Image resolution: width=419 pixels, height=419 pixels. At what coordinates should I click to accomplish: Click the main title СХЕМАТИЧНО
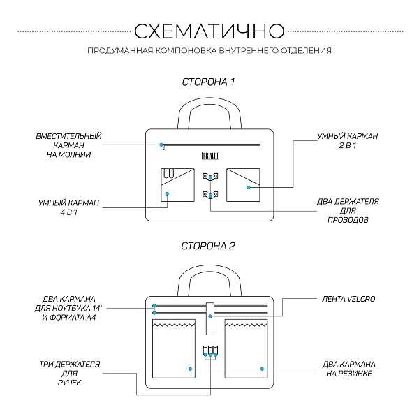[x=209, y=31]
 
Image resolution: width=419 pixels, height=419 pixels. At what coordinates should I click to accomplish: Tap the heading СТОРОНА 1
[x=209, y=82]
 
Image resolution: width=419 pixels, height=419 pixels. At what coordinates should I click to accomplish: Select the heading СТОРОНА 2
[x=209, y=246]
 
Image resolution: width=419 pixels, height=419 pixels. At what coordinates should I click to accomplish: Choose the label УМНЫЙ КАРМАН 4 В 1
[x=68, y=207]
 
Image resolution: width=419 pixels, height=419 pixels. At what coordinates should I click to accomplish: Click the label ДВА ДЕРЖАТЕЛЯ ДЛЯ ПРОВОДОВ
[x=347, y=210]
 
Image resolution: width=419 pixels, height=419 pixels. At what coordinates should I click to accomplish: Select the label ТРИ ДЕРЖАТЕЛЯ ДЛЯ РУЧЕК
[x=69, y=374]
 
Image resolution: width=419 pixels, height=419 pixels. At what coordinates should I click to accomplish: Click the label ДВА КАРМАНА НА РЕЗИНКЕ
[x=349, y=369]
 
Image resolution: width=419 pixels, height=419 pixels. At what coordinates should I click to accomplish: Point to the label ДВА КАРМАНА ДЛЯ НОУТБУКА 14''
[x=68, y=307]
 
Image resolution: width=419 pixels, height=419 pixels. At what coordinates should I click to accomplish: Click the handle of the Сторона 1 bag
[x=209, y=112]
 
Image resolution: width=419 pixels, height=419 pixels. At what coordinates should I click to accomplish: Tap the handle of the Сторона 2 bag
[x=209, y=277]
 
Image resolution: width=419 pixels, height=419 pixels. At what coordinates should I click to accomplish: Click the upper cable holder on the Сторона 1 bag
[x=209, y=176]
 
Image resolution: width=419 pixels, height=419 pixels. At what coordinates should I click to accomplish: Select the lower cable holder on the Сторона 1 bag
[x=209, y=194]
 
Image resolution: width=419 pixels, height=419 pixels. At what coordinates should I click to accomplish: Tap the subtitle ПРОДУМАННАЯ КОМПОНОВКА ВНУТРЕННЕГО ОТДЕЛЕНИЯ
[x=209, y=50]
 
